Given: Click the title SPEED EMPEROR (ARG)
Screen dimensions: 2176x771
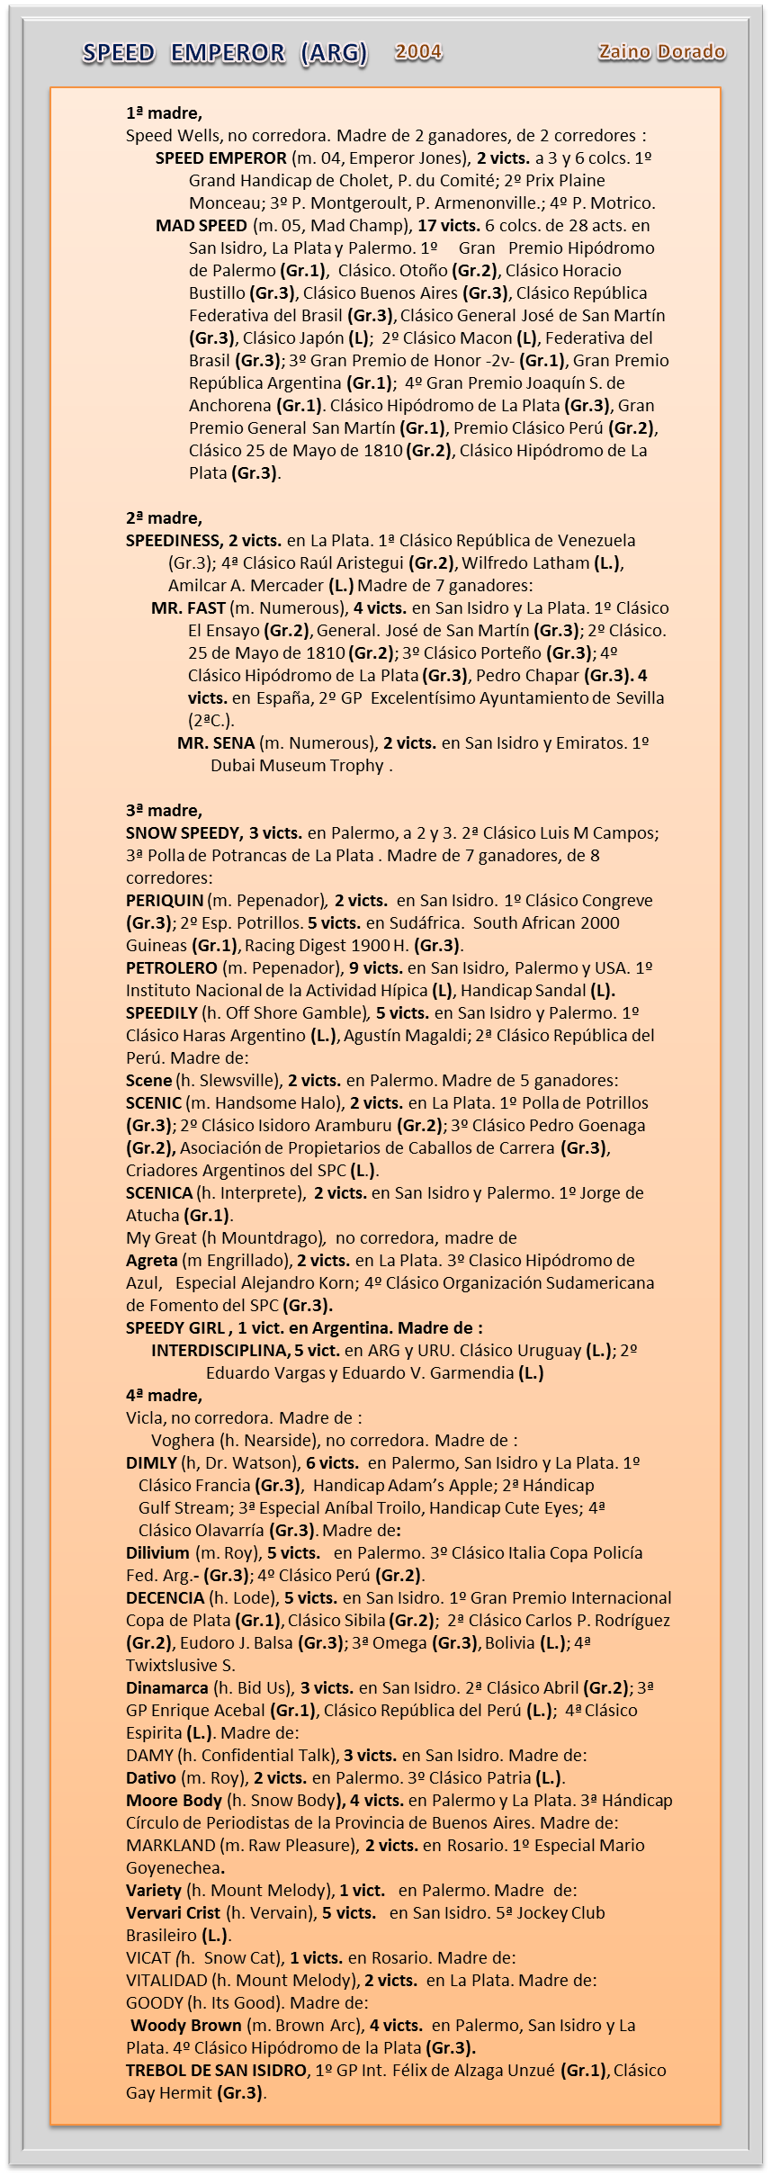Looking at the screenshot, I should pyautogui.click(x=225, y=54).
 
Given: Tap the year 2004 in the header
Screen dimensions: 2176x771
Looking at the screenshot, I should pyautogui.click(x=418, y=52).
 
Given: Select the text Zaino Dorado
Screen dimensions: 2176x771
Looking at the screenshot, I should pyautogui.click(x=661, y=52).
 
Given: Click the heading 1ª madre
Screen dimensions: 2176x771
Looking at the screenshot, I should pyautogui.click(x=164, y=113).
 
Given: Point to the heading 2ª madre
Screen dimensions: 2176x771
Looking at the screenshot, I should pyautogui.click(x=164, y=518).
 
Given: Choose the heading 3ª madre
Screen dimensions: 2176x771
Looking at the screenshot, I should pyautogui.click(x=164, y=811).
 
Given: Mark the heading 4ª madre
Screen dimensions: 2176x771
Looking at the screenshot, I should pyautogui.click(x=164, y=1396).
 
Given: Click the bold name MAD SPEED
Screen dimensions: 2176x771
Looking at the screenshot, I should pyautogui.click(x=201, y=226).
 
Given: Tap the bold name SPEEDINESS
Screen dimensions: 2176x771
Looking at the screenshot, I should pyautogui.click(x=174, y=541).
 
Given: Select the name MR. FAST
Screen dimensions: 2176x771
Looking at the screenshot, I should pyautogui.click(x=188, y=608).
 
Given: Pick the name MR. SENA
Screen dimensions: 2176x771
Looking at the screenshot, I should pyautogui.click(x=216, y=743).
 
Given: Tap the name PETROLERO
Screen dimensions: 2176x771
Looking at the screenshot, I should pyautogui.click(x=171, y=968).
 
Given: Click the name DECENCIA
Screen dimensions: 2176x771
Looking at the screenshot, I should pyautogui.click(x=165, y=1598).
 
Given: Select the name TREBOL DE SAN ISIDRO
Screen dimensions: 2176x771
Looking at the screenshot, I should pyautogui.click(x=217, y=2071).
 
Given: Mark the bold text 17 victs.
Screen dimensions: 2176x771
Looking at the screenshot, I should pyautogui.click(x=447, y=226).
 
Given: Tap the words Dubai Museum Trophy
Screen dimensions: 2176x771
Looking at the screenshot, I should pyautogui.click(x=298, y=767).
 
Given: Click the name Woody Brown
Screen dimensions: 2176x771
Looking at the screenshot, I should pyautogui.click(x=186, y=2026).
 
